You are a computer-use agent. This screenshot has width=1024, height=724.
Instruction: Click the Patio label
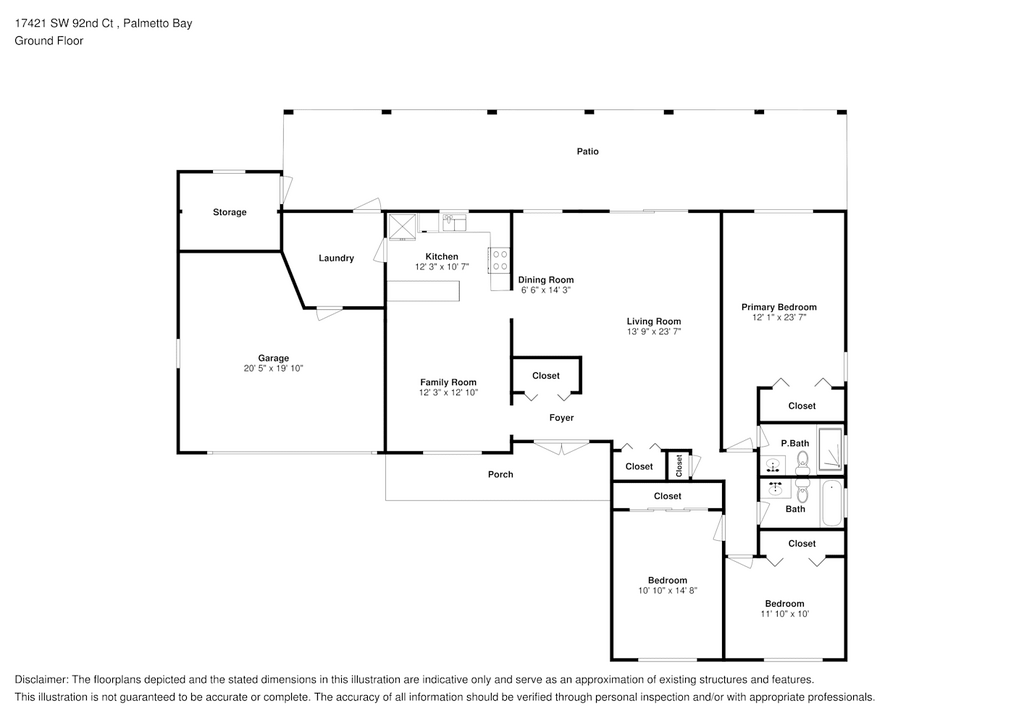587,151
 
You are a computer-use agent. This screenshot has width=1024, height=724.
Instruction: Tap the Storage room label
229,212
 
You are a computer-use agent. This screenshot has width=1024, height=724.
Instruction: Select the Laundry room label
336,258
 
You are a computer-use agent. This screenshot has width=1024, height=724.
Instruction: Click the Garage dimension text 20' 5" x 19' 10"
273,368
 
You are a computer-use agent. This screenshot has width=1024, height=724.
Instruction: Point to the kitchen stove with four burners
500,260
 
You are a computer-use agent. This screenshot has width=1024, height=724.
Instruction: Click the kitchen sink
453,223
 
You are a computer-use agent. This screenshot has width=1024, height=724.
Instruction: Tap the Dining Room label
546,280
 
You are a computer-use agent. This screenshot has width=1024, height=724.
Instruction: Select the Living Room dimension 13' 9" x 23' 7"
653,332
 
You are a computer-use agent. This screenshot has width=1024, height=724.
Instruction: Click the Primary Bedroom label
778,307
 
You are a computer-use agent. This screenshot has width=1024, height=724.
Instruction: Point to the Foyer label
561,418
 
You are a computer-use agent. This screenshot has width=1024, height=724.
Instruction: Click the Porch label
500,475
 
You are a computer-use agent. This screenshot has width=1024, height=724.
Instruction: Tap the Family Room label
448,383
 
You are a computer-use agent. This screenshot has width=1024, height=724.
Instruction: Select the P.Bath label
795,443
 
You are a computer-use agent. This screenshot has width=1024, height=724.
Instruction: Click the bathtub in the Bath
832,503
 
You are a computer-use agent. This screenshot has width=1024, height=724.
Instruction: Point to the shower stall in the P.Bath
830,449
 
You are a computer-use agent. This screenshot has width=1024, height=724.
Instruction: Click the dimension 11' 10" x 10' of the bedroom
784,614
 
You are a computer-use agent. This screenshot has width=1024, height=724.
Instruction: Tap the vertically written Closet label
679,465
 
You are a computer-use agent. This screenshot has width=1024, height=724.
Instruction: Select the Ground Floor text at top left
49,40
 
